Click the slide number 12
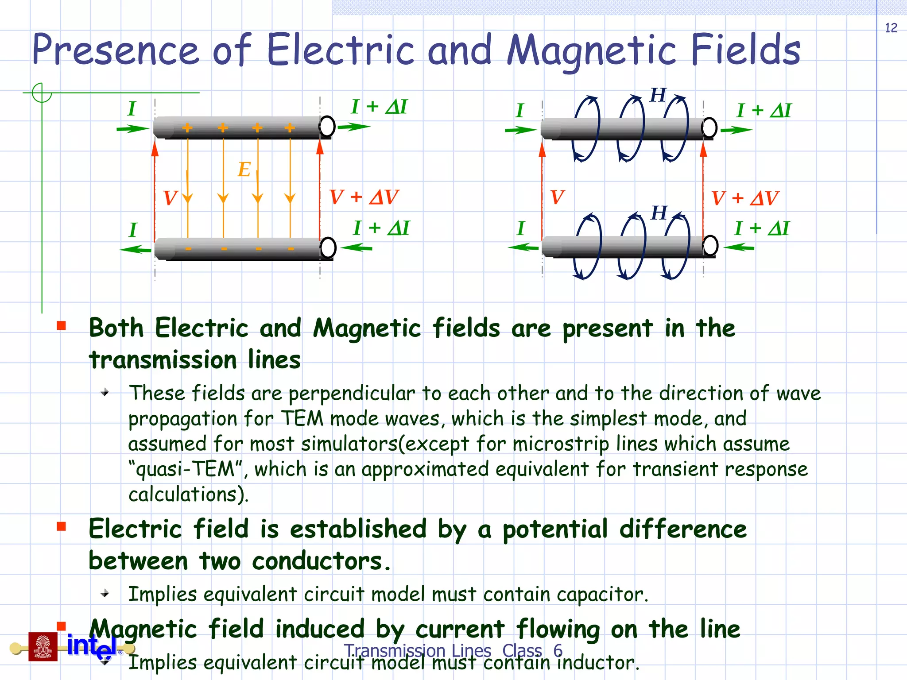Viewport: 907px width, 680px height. tap(891, 28)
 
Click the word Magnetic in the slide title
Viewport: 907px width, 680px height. tap(591, 50)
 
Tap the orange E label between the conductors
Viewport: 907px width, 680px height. tap(244, 169)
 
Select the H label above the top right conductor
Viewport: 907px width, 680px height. tap(658, 95)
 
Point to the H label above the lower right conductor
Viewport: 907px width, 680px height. tap(659, 213)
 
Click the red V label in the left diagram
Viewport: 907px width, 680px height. tap(170, 198)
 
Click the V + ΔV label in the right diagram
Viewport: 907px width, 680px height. tap(745, 198)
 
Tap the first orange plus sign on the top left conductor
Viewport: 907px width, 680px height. tap(187, 128)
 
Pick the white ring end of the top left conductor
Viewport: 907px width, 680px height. tap(327, 126)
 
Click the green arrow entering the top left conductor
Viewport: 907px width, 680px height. tap(132, 129)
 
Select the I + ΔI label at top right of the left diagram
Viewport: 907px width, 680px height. tap(379, 107)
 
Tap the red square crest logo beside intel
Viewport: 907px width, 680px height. tap(43, 647)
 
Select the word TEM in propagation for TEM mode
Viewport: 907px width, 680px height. tap(302, 418)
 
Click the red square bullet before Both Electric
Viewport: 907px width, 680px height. tap(61, 326)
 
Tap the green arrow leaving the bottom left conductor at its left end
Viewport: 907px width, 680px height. tap(135, 250)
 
